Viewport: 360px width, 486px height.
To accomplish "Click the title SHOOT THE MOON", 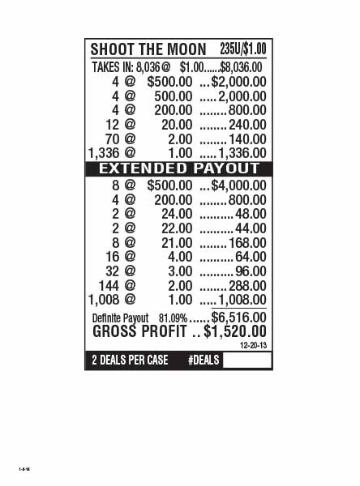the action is pyautogui.click(x=148, y=49).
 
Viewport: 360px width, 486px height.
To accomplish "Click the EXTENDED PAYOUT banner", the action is pyautogui.click(x=179, y=168).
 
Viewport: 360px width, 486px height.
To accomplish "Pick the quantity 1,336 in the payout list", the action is pyautogui.click(x=105, y=152).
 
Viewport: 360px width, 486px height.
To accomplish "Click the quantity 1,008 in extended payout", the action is pyautogui.click(x=105, y=300).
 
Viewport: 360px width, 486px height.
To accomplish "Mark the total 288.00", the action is pyautogui.click(x=247, y=286).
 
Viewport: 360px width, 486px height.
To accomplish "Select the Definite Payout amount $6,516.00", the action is pyautogui.click(x=238, y=317).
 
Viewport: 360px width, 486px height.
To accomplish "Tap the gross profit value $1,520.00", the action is pyautogui.click(x=234, y=331).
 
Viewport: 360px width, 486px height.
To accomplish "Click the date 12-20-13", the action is pyautogui.click(x=253, y=345).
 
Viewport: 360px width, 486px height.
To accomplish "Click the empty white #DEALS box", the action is pyautogui.click(x=246, y=360).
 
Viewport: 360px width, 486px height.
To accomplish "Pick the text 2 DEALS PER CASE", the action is pyautogui.click(x=130, y=360).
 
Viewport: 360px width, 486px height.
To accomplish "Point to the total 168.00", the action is pyautogui.click(x=247, y=243).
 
